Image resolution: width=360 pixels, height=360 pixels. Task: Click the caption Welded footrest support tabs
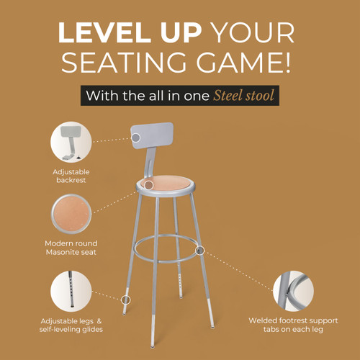(x=291, y=325)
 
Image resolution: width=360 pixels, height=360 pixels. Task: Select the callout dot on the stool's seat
(x=148, y=184)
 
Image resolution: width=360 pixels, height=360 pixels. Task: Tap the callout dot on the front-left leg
(x=126, y=298)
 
